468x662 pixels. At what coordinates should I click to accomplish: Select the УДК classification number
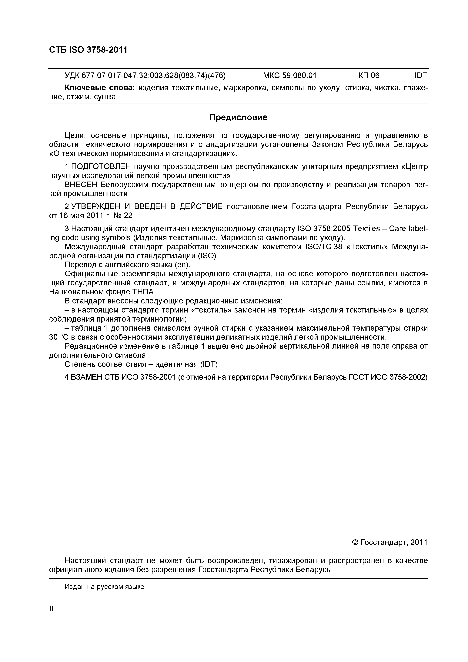click(145, 76)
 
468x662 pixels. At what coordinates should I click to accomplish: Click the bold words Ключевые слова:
click(99, 88)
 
